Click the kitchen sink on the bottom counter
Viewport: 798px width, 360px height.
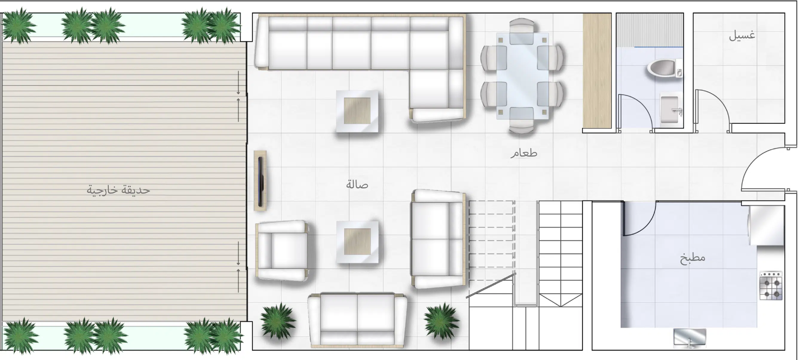pyautogui.click(x=690, y=338)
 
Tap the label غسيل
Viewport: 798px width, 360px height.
pyautogui.click(x=742, y=36)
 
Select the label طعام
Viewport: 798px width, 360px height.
pyautogui.click(x=524, y=153)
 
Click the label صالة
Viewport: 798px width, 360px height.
pyautogui.click(x=357, y=185)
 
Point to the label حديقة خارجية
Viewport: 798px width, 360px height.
pyautogui.click(x=118, y=190)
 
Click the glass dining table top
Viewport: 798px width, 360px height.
pyautogui.click(x=522, y=76)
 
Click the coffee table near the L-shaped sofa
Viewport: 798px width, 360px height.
pyautogui.click(x=357, y=111)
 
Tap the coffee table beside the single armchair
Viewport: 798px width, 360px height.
pyautogui.click(x=357, y=242)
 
